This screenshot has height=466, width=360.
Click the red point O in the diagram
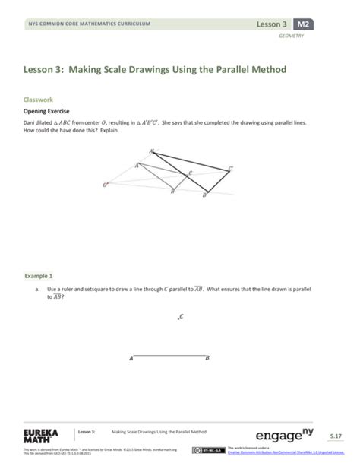[x=105, y=183]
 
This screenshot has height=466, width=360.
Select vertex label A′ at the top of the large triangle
[x=151, y=151]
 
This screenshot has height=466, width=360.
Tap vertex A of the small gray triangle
[x=137, y=165]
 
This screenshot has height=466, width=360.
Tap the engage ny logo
[x=289, y=436]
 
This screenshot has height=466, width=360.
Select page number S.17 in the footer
[x=335, y=436]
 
